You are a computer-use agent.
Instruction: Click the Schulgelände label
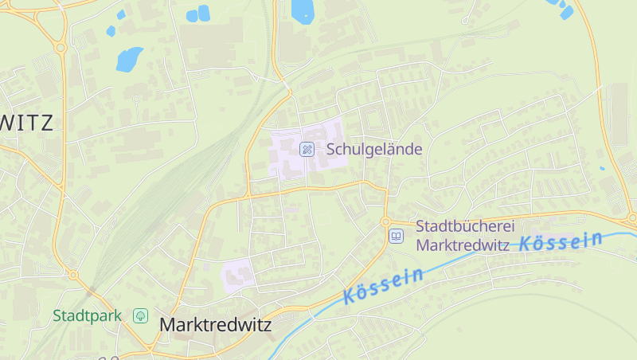[373, 149]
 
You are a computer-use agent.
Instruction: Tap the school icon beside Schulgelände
[306, 149]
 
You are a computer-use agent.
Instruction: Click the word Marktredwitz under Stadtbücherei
[463, 245]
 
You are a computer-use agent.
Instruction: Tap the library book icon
[396, 236]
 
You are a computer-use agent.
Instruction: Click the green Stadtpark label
[88, 315]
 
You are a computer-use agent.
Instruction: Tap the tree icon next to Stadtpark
[140, 315]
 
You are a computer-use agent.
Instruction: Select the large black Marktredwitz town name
[215, 325]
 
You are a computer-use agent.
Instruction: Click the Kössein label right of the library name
[561, 241]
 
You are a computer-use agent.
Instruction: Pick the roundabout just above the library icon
[385, 221]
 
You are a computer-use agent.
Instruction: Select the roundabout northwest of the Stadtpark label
[72, 275]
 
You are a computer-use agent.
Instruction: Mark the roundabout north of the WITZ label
[61, 48]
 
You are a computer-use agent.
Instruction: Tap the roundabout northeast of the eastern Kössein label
[631, 216]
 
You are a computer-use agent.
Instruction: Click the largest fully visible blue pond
[129, 59]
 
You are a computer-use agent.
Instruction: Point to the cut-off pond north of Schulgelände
[303, 9]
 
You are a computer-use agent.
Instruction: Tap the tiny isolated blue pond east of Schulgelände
[602, 168]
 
